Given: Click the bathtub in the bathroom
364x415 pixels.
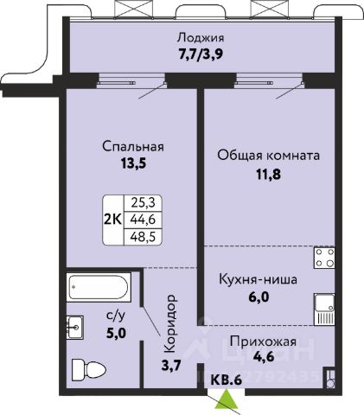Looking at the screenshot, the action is pos(99,287).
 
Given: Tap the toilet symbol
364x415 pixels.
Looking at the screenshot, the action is pos(88,368).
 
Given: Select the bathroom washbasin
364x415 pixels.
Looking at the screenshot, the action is pos(75,328).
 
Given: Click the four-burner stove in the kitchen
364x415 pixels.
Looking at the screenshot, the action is pos(324,258).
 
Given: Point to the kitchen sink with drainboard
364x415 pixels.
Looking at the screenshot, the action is pos(324,310).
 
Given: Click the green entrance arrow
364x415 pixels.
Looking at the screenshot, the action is pos(227,399).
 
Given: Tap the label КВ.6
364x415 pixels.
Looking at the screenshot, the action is pos(226,380).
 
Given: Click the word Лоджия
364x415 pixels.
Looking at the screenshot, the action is pos(201,38).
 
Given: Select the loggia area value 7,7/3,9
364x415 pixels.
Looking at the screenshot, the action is pos(201,54).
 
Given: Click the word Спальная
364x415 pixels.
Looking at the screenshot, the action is pos(133,146).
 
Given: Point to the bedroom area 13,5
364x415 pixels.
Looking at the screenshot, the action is pos(133,163).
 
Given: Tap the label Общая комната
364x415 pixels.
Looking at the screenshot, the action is pos(268,156).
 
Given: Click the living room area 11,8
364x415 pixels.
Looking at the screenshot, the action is pos(268,174).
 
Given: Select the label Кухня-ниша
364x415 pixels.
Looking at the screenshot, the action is pos(258,279).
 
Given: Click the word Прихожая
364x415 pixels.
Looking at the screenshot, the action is pos(263,342).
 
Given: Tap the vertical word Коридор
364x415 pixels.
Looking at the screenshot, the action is pos(169,323).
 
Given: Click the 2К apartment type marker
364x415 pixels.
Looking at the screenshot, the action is pos(113,220).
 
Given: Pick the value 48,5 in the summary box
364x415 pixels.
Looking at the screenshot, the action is pos(143,237).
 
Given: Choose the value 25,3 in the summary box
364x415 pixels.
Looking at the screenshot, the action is pos(143,203).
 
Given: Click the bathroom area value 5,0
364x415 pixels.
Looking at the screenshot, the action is pos(116,333).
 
